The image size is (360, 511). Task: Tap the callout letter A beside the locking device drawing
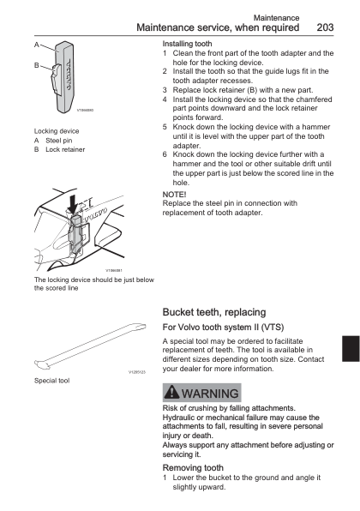(36, 44)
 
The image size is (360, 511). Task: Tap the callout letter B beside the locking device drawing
(36, 65)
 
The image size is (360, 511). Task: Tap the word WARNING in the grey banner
(212, 394)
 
